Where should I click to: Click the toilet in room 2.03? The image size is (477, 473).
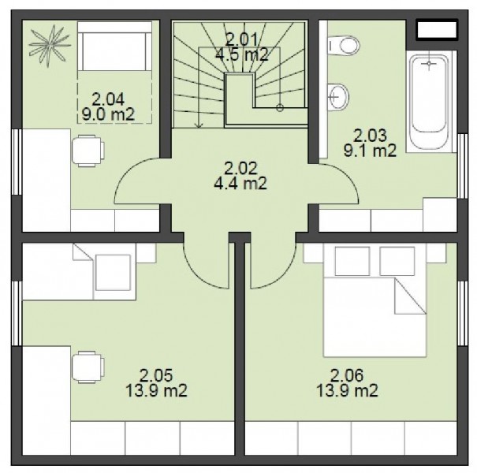(x=344, y=46)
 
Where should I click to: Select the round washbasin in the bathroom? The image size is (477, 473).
(x=338, y=97)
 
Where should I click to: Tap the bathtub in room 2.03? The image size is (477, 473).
(x=429, y=102)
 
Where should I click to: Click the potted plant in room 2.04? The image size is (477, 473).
(x=50, y=47)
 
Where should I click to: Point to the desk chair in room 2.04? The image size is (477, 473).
(x=88, y=151)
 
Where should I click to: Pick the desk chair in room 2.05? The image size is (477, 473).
(x=88, y=367)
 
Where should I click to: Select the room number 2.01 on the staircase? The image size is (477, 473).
(x=241, y=39)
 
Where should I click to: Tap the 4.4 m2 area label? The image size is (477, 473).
(x=240, y=184)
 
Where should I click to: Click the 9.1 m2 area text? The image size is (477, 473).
(x=370, y=151)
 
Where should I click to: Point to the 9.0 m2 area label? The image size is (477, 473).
(x=108, y=114)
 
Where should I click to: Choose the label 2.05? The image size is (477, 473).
(x=156, y=375)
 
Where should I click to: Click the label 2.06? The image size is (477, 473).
(x=347, y=375)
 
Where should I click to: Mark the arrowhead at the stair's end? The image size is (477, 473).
(x=199, y=125)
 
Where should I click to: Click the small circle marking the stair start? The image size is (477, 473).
(x=280, y=108)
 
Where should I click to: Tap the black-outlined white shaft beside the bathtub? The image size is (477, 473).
(x=437, y=29)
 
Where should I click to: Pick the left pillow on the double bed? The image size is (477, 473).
(x=352, y=261)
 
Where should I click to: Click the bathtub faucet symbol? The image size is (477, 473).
(x=429, y=64)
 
